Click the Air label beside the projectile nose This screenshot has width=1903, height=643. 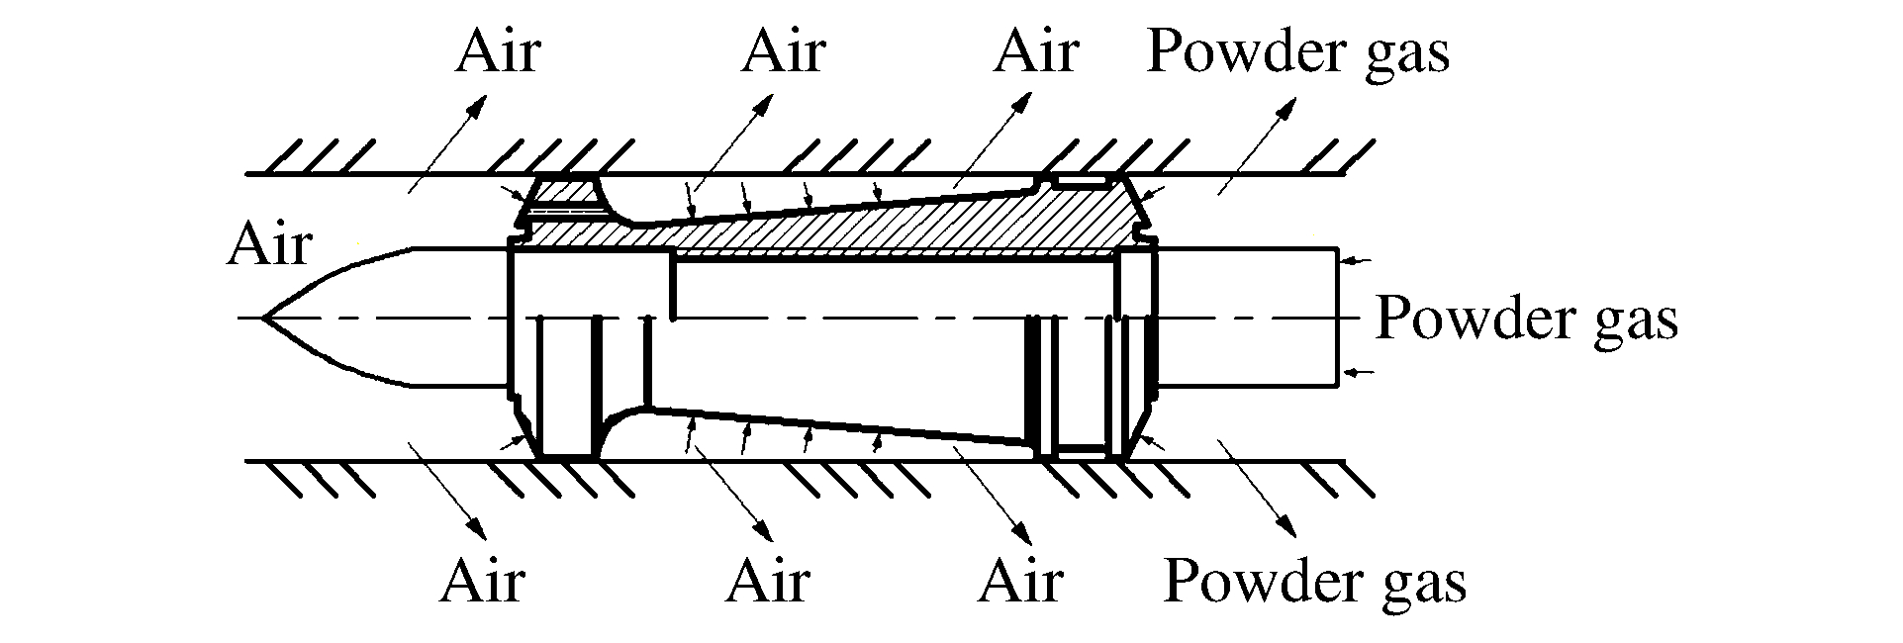[x=269, y=244]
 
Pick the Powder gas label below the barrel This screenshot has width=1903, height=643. [x=1314, y=581]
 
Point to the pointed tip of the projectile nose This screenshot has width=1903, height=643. [x=263, y=318]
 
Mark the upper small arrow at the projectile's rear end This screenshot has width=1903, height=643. [x=1355, y=260]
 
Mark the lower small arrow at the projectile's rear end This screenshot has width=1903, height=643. [x=1355, y=373]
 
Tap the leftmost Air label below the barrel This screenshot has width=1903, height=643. [x=482, y=581]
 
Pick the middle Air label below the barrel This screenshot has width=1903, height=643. [x=768, y=581]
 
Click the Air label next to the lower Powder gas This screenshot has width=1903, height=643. [x=1021, y=581]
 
